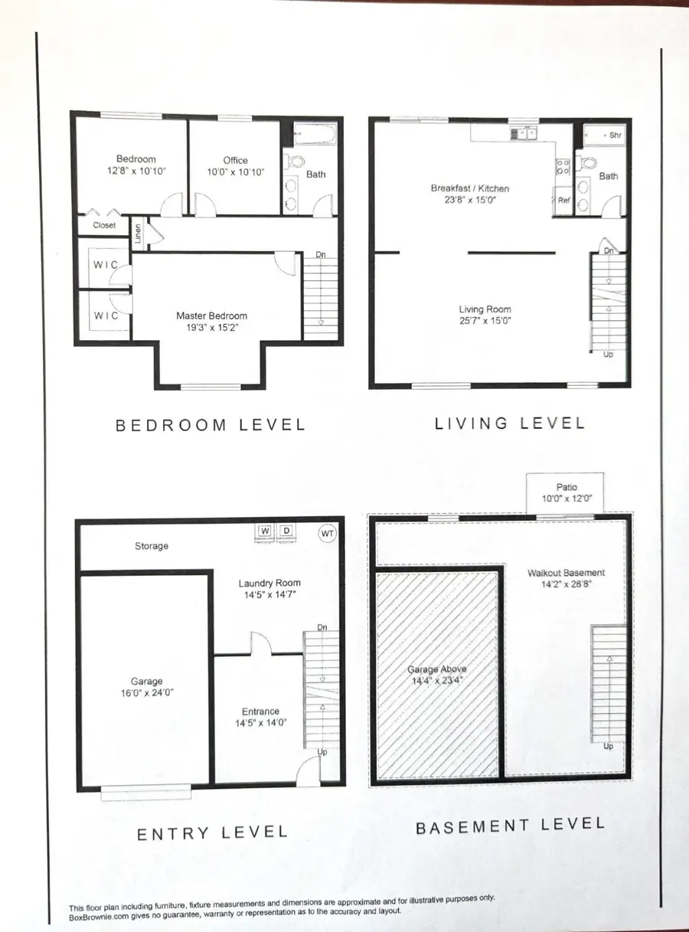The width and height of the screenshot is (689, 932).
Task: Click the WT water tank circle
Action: pos(326,532)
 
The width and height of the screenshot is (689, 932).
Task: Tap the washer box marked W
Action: pos(265,531)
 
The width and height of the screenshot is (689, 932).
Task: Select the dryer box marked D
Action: pos(286,531)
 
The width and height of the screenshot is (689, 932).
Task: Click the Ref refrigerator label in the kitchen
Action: pos(563,200)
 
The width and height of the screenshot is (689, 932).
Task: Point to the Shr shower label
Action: pos(614,135)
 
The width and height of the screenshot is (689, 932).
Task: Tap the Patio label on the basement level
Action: pos(567,487)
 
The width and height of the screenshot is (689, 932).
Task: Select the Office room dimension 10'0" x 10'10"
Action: pos(235,172)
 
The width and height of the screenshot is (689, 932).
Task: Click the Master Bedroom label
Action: pos(211,316)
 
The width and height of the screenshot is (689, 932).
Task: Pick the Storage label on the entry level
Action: pos(152,546)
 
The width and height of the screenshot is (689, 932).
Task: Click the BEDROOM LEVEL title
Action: pos(210,424)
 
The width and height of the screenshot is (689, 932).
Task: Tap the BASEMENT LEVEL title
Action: pos(509,826)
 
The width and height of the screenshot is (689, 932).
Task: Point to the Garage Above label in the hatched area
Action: pos(436,669)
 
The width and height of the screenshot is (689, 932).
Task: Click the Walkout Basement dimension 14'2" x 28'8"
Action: pos(566,584)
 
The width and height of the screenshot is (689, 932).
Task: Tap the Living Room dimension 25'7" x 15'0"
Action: pos(482,322)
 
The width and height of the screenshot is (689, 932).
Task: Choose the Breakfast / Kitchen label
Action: pos(469,188)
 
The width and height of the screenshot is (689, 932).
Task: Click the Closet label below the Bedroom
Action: pos(105,225)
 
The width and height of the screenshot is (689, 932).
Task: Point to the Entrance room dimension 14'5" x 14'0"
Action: pos(260,722)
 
